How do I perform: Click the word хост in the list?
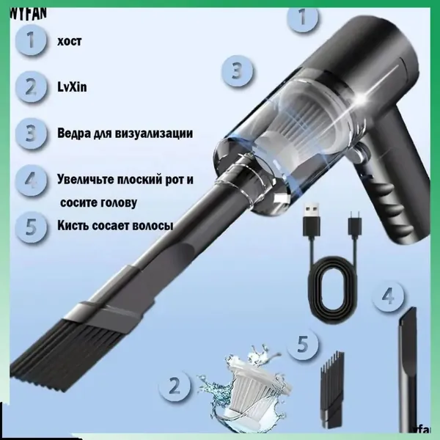tap(70, 41)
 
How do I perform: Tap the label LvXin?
tap(72, 87)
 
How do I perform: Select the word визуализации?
tap(154, 133)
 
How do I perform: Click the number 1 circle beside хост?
tap(31, 40)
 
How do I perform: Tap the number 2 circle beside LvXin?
tap(31, 87)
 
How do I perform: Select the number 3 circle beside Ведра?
tap(31, 133)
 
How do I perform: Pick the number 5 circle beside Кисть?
tap(31, 227)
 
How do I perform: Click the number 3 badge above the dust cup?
tap(237, 70)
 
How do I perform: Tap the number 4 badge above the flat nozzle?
tap(388, 296)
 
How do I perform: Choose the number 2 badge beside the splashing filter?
tap(175, 386)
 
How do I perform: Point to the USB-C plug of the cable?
tap(354, 224)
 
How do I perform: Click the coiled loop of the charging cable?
tap(333, 284)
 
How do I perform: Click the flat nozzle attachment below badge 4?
tap(408, 370)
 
